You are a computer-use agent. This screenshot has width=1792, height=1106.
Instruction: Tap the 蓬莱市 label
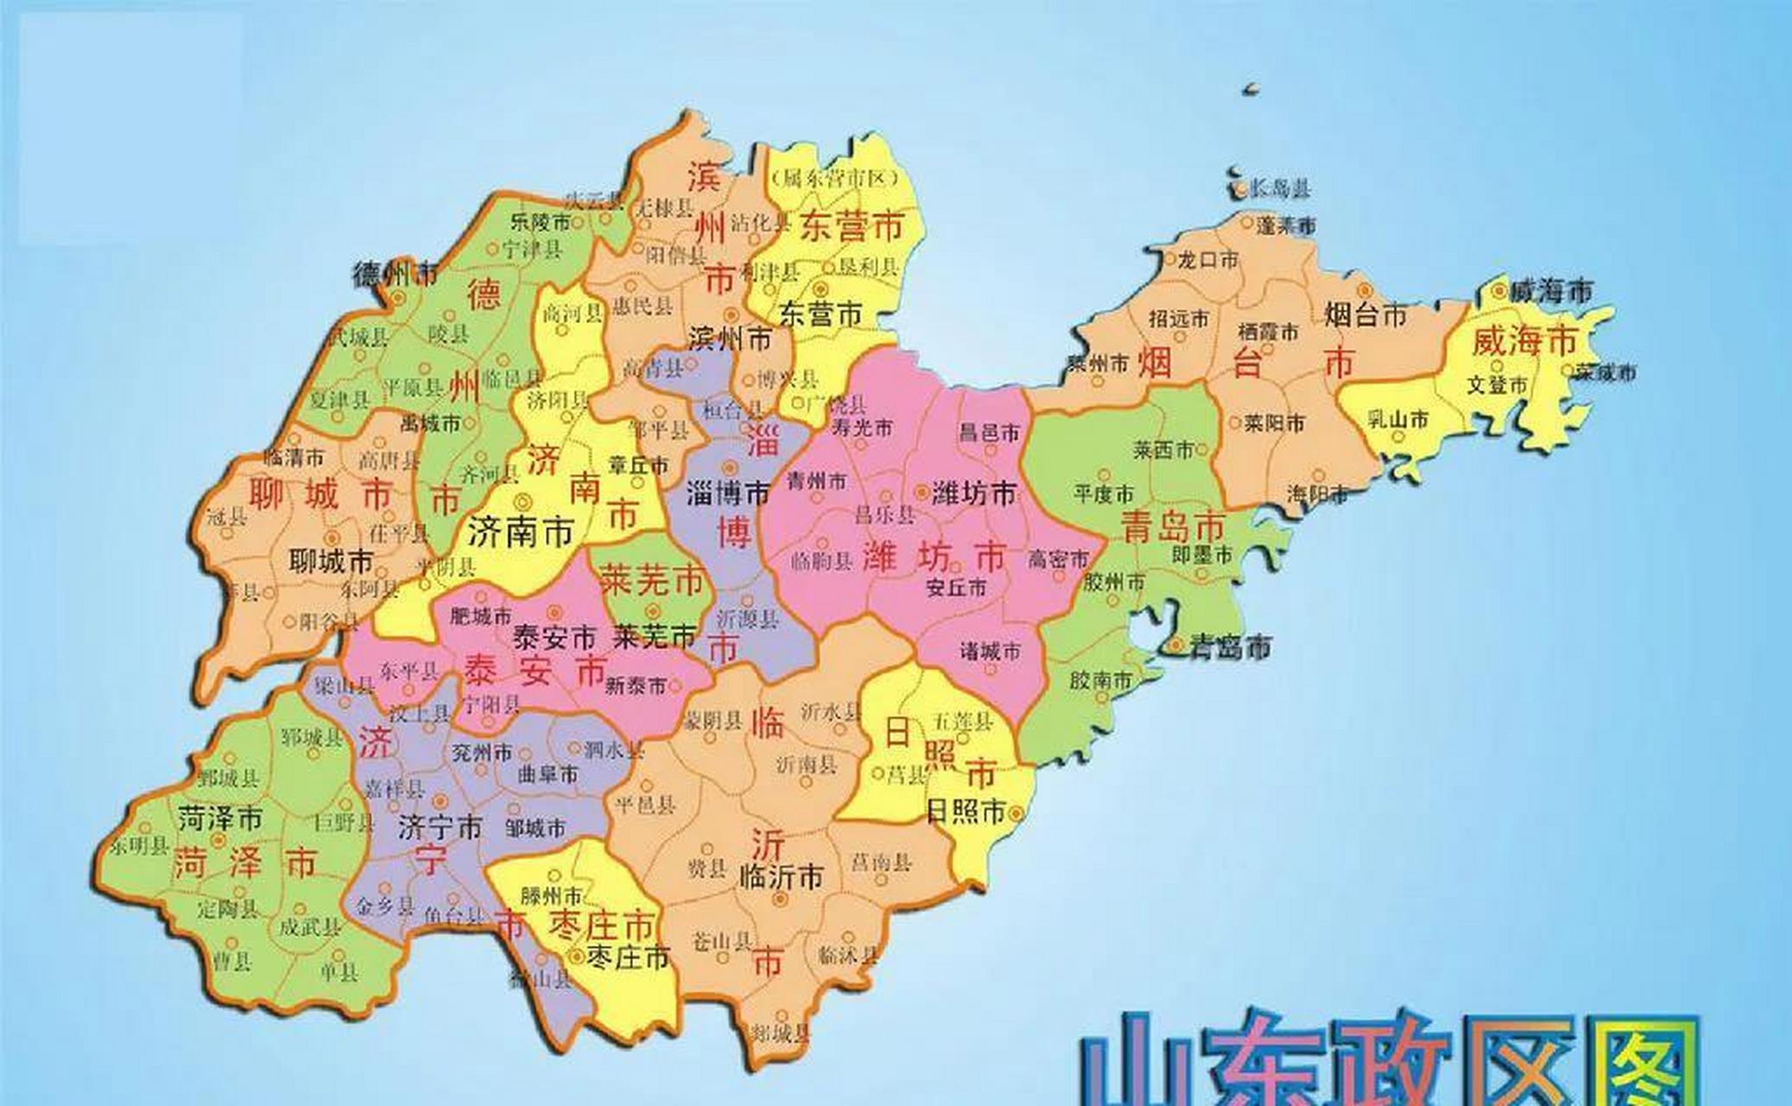coord(1286,226)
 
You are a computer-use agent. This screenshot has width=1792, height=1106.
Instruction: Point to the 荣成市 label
coord(1605,372)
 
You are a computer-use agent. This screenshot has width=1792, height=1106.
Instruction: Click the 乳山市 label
coord(1398,420)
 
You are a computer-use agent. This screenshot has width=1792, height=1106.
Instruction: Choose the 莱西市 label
coord(1163,450)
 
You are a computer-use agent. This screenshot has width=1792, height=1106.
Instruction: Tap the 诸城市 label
coord(990,651)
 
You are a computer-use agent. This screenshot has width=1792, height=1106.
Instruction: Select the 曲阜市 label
coord(548,774)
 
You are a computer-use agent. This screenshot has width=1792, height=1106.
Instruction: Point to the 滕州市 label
coord(551,896)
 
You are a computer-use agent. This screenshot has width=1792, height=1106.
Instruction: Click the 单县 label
coord(339,972)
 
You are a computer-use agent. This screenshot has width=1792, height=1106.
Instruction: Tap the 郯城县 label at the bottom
coord(781,1032)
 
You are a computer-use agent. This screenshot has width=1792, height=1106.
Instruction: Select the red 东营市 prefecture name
coord(852,226)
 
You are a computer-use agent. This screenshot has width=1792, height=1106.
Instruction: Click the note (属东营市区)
coord(836,179)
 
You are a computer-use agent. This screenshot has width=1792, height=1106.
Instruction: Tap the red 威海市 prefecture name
coord(1524,341)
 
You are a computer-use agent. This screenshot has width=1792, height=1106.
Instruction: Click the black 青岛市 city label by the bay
coord(1230,646)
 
